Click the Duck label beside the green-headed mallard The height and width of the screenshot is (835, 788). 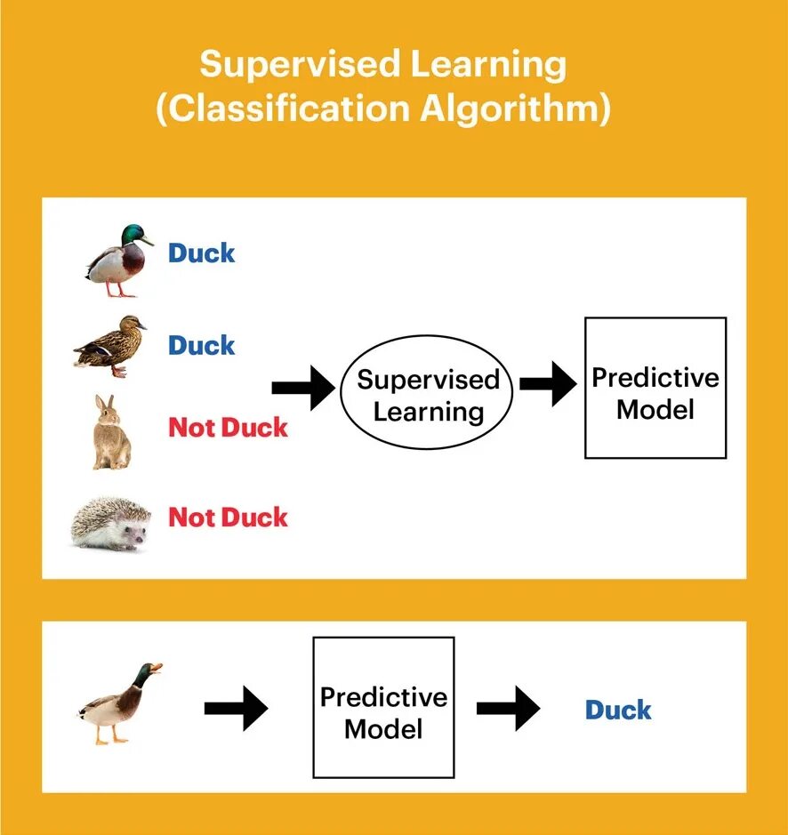coord(202,253)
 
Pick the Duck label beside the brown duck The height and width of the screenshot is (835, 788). coord(202,345)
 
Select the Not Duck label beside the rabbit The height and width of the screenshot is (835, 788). coord(229,428)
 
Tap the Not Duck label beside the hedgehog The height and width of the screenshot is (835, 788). coord(229,518)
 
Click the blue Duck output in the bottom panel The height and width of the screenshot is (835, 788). coord(618,711)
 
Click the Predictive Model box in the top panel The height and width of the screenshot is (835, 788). coord(655,388)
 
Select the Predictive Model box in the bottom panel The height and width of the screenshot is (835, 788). coord(383,707)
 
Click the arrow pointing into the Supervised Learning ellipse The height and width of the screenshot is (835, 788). coord(303,388)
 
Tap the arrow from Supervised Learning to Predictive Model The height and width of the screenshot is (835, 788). coord(548,384)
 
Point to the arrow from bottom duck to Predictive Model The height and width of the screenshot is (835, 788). coord(236,708)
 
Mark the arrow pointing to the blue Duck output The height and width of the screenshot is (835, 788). coord(508,708)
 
